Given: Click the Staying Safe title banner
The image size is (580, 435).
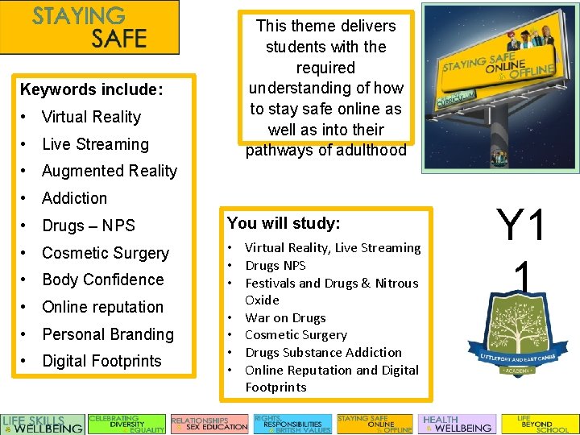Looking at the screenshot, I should tap(89, 27).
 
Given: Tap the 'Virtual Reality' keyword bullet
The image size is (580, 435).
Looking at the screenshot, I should tap(91, 117).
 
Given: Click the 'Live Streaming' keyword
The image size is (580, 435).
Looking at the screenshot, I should tap(95, 144).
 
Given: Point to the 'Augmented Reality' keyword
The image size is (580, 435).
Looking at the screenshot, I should tap(109, 171).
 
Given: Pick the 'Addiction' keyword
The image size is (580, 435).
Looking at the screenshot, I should tap(74, 198).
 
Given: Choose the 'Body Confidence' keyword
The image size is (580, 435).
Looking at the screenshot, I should tap(102, 280).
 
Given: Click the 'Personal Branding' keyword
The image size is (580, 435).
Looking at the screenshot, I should tap(107, 334).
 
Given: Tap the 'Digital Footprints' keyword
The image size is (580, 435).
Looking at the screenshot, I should tap(101, 361).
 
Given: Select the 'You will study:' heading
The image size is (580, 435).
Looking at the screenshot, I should tap(284, 222).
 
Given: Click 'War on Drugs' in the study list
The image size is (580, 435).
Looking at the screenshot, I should tap(285, 317).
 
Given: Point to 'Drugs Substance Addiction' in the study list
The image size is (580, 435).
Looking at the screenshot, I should tap(322, 352).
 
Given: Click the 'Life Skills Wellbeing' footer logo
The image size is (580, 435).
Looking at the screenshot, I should tap(43, 424).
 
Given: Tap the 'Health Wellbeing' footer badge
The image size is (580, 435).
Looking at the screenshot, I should tap(456, 424).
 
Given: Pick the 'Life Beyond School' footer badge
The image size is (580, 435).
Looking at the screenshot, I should tap(539, 424).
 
